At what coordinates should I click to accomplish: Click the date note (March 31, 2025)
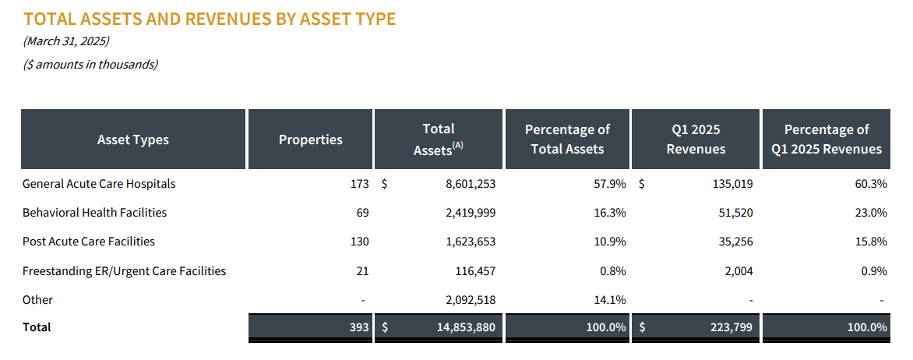click(66, 41)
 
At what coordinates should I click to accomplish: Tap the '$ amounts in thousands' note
click(90, 65)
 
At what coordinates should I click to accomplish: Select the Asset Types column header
click(132, 140)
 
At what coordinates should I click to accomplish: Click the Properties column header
click(310, 140)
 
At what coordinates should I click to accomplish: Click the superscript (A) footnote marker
click(458, 145)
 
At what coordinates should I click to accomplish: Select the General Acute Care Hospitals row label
click(99, 185)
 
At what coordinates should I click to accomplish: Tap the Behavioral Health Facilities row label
click(94, 213)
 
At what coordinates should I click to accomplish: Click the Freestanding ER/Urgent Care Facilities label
click(124, 271)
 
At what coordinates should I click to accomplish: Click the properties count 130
click(359, 242)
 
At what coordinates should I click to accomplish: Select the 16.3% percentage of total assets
click(609, 213)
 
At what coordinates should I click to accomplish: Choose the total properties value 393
click(359, 328)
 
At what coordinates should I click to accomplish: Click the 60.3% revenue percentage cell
click(870, 185)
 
